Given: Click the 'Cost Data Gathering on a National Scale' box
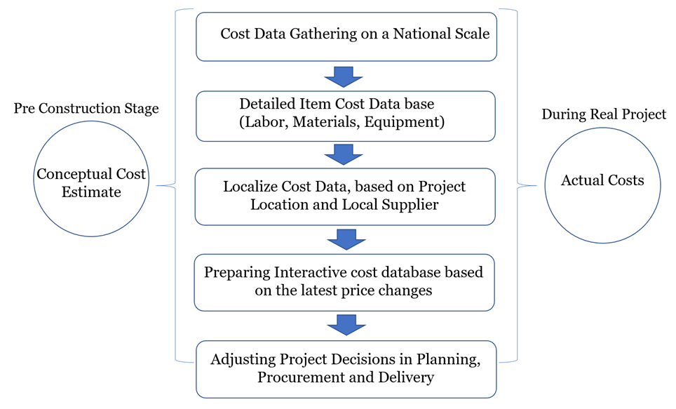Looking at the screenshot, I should point(346,35).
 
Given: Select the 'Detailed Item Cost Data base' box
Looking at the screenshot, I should point(346,115).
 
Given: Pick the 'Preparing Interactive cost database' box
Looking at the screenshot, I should point(344,281).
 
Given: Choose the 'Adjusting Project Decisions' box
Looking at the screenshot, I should point(346,369).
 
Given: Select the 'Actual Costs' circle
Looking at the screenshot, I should point(602,181).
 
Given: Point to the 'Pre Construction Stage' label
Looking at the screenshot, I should point(86,109).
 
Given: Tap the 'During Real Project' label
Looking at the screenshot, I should point(603,114).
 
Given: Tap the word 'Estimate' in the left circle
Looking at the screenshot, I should point(91,192).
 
